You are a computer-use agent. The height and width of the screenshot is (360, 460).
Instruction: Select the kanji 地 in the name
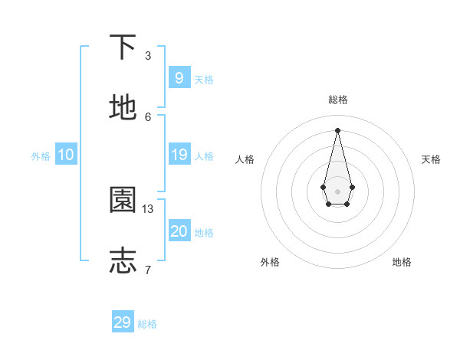pyautogui.click(x=123, y=108)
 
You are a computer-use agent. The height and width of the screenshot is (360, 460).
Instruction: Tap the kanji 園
pyautogui.click(x=123, y=201)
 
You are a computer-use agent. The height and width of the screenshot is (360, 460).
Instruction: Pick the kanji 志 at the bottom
pyautogui.click(x=123, y=260)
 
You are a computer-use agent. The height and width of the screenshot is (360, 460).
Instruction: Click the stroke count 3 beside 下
pyautogui.click(x=148, y=56)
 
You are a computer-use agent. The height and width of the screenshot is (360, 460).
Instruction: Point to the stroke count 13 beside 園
pyautogui.click(x=148, y=208)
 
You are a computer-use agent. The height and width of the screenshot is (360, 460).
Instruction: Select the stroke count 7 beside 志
pyautogui.click(x=148, y=270)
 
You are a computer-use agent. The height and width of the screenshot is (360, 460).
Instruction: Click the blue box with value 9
pyautogui.click(x=179, y=78)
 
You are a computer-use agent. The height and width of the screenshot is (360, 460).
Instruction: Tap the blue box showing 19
pyautogui.click(x=179, y=155)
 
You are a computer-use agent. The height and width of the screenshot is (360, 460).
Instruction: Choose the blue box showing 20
pyautogui.click(x=179, y=231)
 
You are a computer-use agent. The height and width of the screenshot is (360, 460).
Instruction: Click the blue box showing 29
pyautogui.click(x=123, y=322)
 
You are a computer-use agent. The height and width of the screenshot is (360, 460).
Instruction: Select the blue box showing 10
pyautogui.click(x=66, y=155)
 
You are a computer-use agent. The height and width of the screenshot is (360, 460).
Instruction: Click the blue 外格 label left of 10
pyautogui.click(x=41, y=156)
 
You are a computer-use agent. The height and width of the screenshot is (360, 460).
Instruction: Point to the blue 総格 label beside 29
pyautogui.click(x=147, y=324)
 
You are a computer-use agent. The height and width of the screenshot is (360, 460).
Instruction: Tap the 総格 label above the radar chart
pyautogui.click(x=338, y=100)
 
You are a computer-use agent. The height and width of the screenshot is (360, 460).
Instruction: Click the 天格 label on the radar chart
pyautogui.click(x=431, y=159)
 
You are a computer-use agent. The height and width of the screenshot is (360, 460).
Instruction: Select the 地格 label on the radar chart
pyautogui.click(x=402, y=262)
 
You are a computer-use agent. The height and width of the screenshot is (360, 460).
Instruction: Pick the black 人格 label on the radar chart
pyautogui.click(x=245, y=159)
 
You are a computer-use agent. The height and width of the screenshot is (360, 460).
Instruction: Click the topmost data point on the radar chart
pyautogui.click(x=337, y=129)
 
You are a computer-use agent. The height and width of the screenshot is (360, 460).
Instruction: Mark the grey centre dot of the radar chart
pyautogui.click(x=337, y=191)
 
